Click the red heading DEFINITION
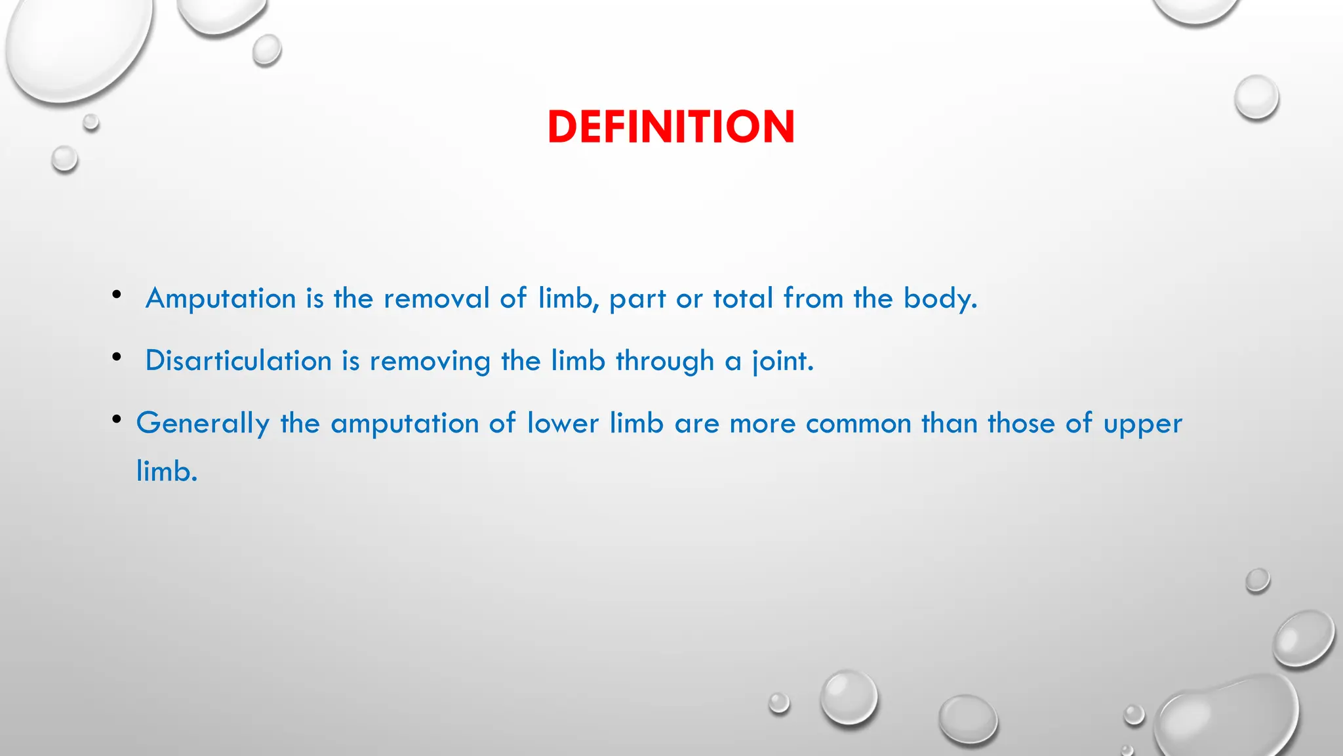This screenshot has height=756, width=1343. [x=671, y=127]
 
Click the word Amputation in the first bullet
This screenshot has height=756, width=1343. [x=221, y=299]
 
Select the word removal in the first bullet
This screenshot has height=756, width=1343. [x=437, y=299]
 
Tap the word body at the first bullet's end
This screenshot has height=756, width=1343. [x=940, y=299]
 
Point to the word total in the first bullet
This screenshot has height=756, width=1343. [x=743, y=299]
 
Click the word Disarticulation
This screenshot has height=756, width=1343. [x=239, y=361]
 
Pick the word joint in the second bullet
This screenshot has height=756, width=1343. [x=782, y=361]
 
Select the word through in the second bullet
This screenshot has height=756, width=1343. [x=664, y=361]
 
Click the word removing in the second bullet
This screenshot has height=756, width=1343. [x=430, y=361]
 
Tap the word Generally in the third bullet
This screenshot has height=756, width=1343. [x=203, y=423]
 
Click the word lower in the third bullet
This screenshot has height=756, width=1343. [x=563, y=423]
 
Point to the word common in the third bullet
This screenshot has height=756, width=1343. [x=858, y=423]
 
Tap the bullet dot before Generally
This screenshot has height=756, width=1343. [x=117, y=419]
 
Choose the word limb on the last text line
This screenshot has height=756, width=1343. [x=166, y=471]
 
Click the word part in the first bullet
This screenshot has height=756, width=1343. [x=637, y=299]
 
